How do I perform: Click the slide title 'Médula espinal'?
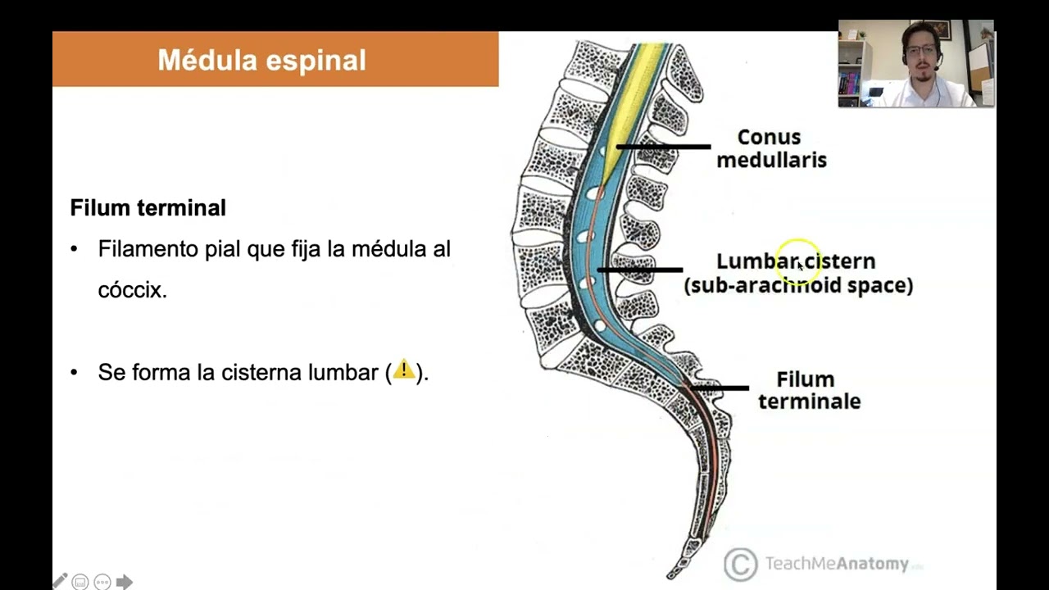(x=261, y=60)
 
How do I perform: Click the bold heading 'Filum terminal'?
(x=148, y=208)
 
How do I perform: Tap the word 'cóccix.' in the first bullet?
(x=132, y=290)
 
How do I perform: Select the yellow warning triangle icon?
(x=403, y=370)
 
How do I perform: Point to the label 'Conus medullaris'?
(x=770, y=148)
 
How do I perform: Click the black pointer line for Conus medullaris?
(x=664, y=147)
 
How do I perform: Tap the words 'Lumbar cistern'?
(x=795, y=261)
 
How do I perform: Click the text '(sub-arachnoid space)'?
(x=798, y=285)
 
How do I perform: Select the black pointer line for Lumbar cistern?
(x=639, y=270)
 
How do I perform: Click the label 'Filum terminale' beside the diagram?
(x=808, y=390)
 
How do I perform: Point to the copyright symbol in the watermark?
(x=740, y=564)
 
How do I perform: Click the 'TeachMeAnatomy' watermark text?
(x=836, y=564)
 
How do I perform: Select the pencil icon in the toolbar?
(x=60, y=582)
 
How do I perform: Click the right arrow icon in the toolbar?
(x=125, y=582)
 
